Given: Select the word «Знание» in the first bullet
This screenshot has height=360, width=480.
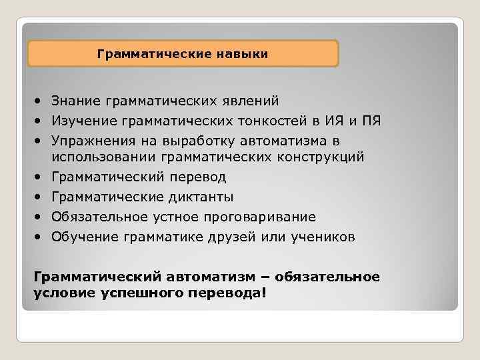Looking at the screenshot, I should pos(74,101).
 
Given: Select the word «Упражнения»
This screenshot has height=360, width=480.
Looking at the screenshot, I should pos(89,139).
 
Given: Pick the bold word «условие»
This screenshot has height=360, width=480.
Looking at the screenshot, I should pos(63,293).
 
